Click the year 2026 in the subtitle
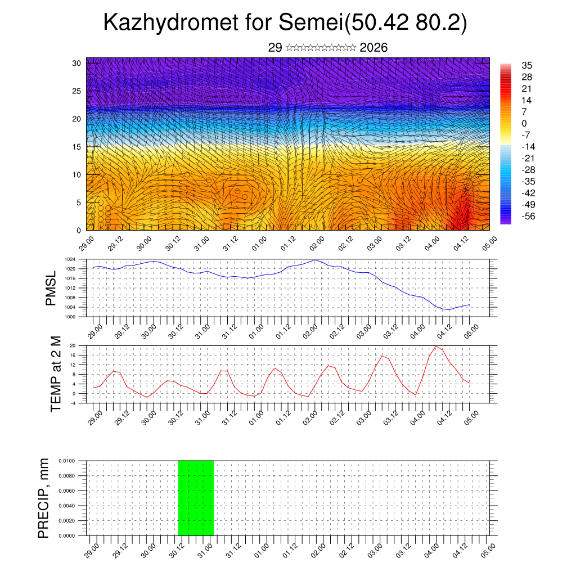(373, 48)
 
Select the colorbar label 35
(527, 65)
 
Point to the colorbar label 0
(524, 123)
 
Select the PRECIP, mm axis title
(44, 498)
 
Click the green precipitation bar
(196, 498)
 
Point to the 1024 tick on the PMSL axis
(70, 259)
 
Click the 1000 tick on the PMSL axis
(70, 317)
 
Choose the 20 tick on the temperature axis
(73, 345)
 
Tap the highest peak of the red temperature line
(436, 346)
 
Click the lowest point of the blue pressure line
(448, 310)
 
